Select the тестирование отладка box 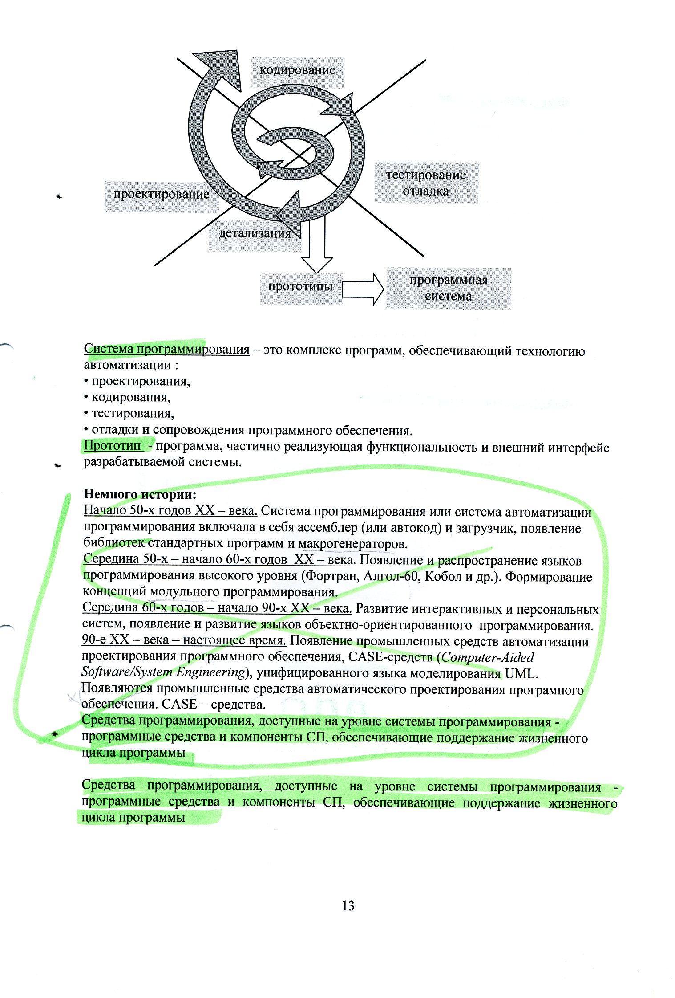tap(426, 183)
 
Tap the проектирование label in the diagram tap(161, 195)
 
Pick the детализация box tap(255, 233)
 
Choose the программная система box tap(448, 288)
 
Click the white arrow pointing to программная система tap(363, 289)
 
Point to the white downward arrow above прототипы tap(316, 249)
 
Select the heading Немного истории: tap(140, 494)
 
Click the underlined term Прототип tap(112, 445)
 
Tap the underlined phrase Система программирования tap(166, 349)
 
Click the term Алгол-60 tap(392, 576)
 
